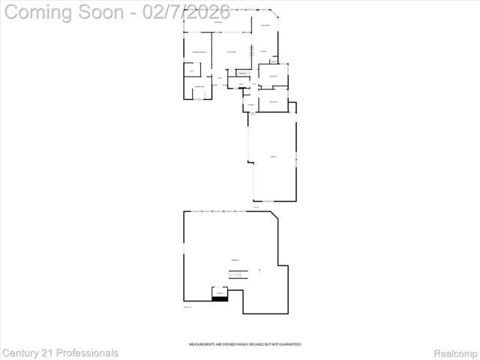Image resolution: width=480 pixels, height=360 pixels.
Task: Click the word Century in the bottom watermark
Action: (23, 352)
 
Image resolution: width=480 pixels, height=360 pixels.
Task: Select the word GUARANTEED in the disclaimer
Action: (289, 344)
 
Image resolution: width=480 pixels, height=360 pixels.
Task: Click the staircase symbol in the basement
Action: (235, 276)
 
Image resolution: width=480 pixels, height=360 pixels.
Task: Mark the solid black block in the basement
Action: (220, 298)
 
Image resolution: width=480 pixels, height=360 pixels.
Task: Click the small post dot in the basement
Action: (259, 270)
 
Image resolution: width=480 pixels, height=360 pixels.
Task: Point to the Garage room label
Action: (273, 156)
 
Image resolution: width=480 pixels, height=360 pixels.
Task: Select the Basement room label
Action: (235, 259)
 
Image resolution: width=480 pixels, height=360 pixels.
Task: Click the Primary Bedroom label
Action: (199, 51)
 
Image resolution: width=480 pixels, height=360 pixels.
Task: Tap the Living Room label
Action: (232, 51)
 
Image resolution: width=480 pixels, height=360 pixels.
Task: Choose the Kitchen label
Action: (264, 51)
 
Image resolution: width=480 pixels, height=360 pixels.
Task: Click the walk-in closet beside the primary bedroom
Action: (192, 71)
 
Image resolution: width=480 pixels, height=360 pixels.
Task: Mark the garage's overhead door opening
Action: (264, 201)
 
